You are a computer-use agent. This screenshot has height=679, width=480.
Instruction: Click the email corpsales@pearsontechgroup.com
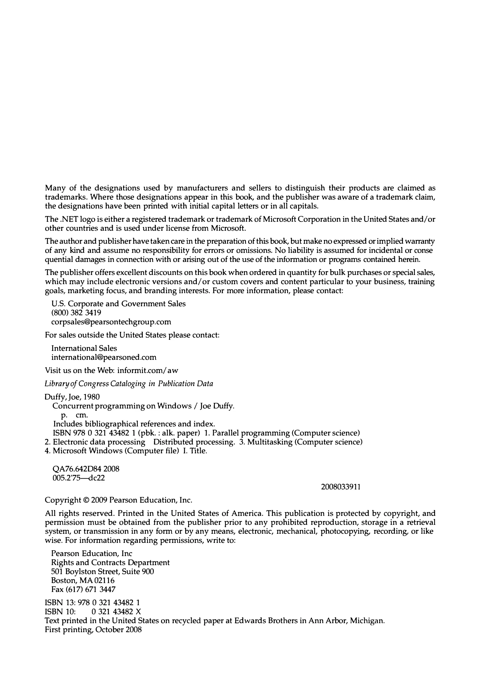click(x=111, y=322)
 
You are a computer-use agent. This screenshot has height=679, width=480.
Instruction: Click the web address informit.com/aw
click(x=148, y=370)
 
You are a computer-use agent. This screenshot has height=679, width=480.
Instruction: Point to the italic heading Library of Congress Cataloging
click(x=128, y=384)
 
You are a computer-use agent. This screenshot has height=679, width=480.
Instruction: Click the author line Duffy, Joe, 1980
click(x=72, y=397)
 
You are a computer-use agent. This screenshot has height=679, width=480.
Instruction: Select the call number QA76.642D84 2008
click(x=86, y=469)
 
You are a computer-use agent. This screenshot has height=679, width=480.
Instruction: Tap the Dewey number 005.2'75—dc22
click(x=79, y=478)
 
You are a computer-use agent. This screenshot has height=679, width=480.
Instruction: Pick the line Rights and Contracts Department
click(x=110, y=563)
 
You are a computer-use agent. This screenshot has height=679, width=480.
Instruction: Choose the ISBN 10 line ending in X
click(x=93, y=611)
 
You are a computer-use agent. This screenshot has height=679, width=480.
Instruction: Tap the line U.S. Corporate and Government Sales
click(x=118, y=304)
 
